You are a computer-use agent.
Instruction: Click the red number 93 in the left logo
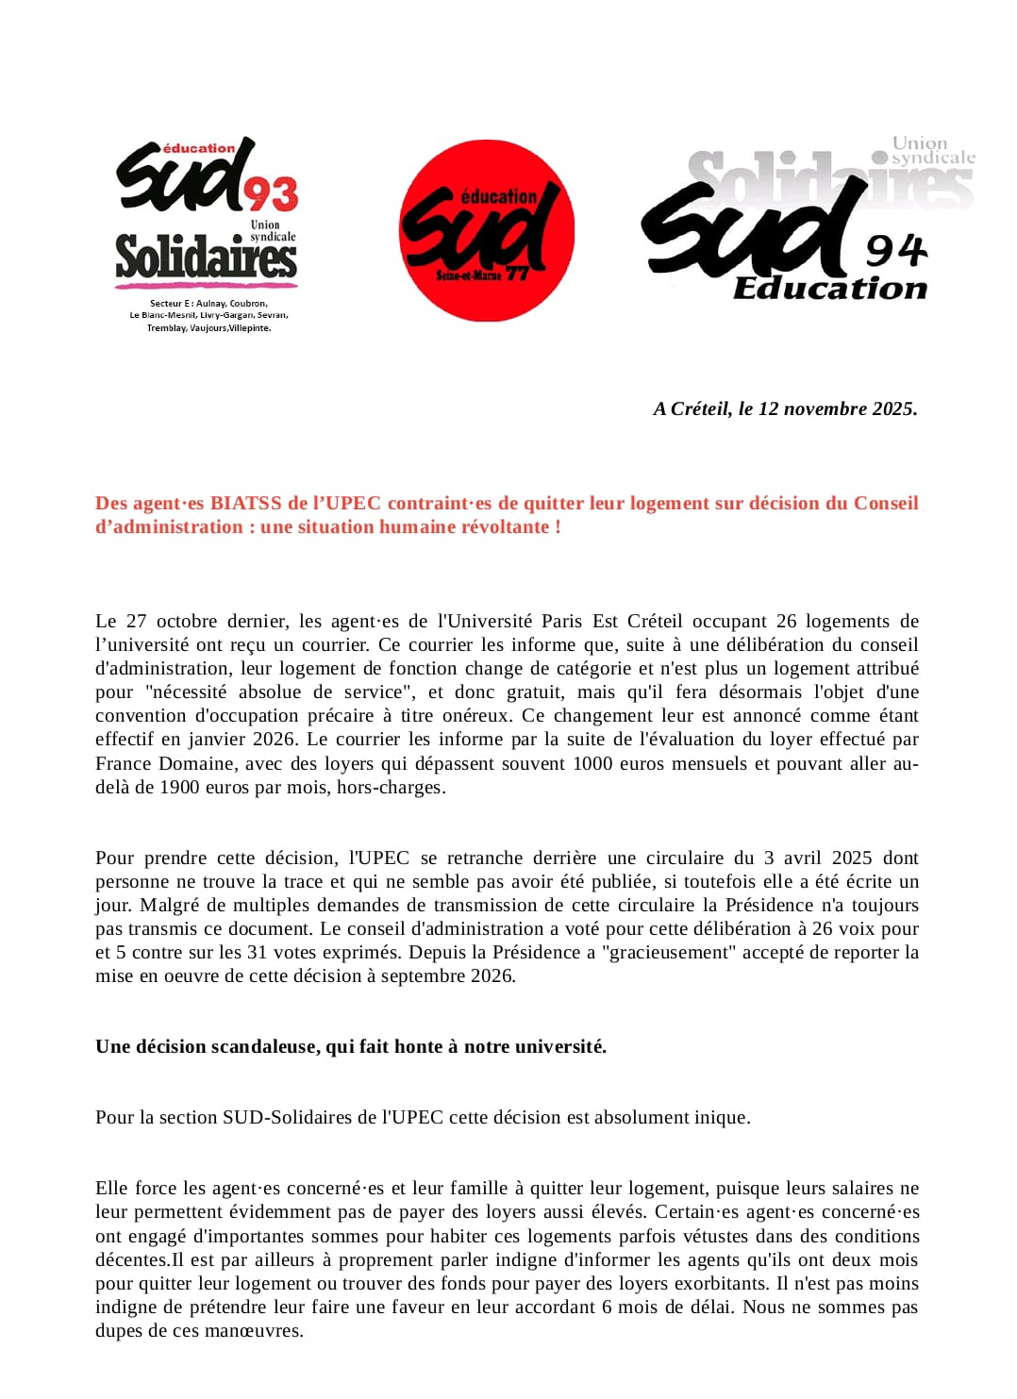pyautogui.click(x=272, y=194)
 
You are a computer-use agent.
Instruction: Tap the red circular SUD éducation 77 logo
pyautogui.click(x=487, y=231)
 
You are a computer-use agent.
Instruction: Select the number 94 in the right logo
pyautogui.click(x=895, y=251)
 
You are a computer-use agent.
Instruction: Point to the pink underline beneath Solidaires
pyautogui.click(x=207, y=284)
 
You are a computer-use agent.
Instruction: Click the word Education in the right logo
pyautogui.click(x=830, y=289)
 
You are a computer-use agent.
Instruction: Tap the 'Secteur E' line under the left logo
pyautogui.click(x=208, y=304)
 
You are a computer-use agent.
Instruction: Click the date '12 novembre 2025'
pyautogui.click(x=837, y=408)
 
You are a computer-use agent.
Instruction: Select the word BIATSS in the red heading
pyautogui.click(x=245, y=503)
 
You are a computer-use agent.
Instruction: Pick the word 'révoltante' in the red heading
pyautogui.click(x=506, y=526)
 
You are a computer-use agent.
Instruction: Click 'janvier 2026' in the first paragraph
pyautogui.click(x=247, y=740)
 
